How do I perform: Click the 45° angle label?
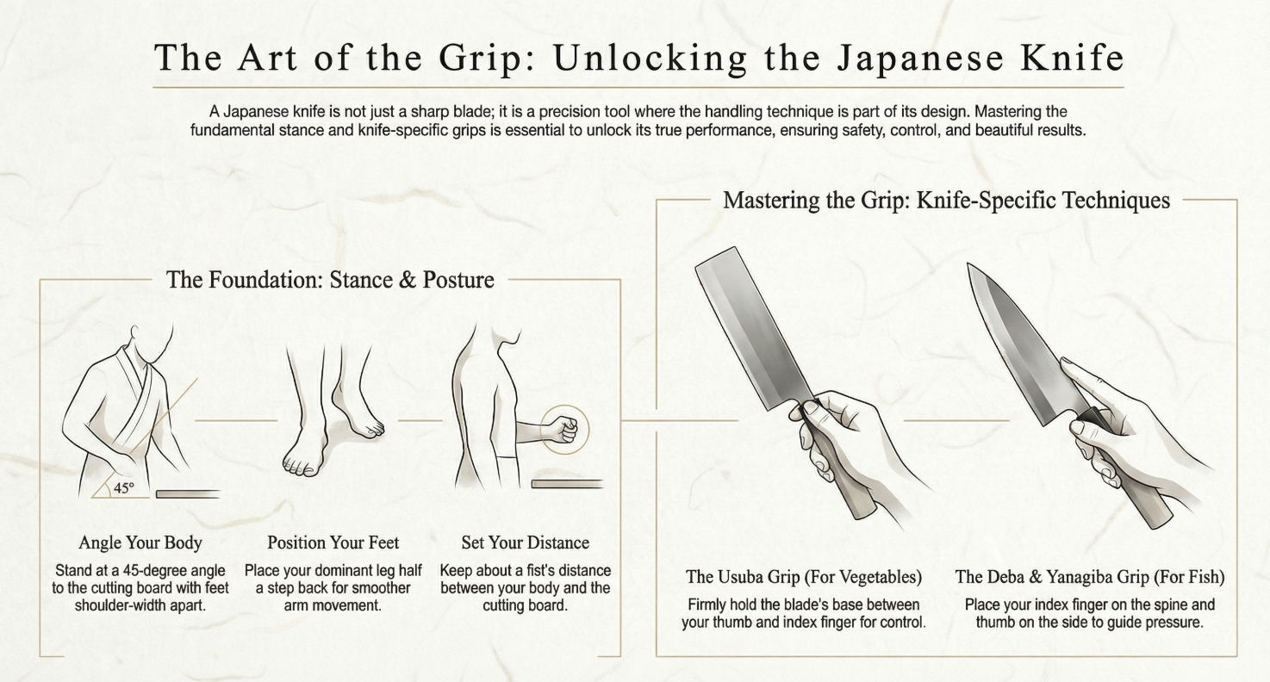point(124,488)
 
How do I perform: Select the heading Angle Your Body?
point(140,542)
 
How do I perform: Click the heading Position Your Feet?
point(333,542)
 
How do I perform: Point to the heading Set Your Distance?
point(526,542)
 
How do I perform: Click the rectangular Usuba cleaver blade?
point(750,327)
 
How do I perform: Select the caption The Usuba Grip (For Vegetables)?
point(804,577)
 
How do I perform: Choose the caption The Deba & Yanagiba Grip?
point(1090,577)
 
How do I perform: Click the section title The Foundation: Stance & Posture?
point(330,280)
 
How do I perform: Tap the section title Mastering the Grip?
point(946,201)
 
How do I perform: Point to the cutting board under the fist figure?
point(567,484)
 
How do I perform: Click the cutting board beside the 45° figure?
point(188,494)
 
